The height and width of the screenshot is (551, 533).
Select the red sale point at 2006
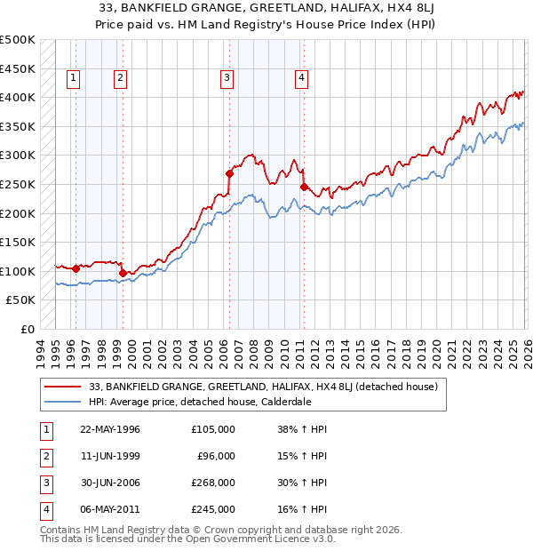point(229,174)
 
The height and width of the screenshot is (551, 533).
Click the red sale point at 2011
point(304,187)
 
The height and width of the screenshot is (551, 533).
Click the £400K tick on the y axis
point(18,97)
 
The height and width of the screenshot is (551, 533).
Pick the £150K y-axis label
point(18,242)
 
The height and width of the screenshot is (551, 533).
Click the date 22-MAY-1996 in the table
point(109,429)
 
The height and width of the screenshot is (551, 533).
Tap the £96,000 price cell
point(216,456)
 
